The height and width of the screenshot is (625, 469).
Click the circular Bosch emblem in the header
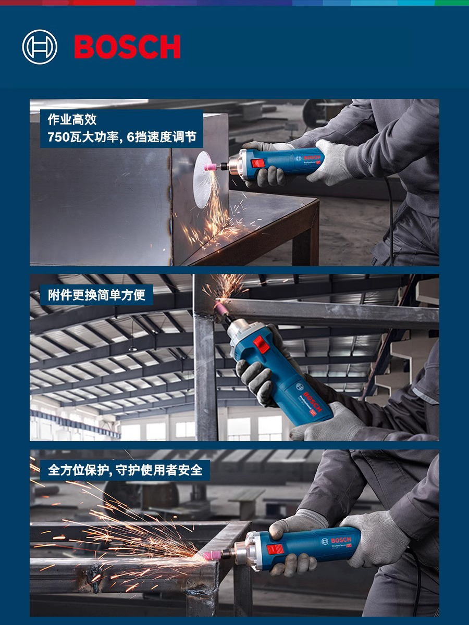pos(40,47)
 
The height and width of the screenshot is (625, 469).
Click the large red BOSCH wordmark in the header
pos(127,47)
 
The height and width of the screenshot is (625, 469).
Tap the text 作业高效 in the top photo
pos(72,120)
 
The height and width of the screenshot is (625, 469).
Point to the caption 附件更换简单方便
pos(96,295)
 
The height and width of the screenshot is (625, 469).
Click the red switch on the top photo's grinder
pos(258,164)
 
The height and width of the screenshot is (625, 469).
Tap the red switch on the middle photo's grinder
pos(261,344)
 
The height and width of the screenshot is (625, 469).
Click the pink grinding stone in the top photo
pos(212,166)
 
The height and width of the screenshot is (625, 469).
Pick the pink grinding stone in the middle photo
pos(221,307)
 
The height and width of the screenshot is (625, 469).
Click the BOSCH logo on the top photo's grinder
pos(312,157)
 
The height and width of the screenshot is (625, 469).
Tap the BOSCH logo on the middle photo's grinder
pos(313,402)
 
